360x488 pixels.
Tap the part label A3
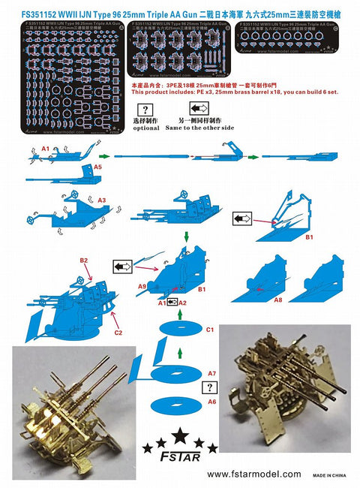[x=103, y=200]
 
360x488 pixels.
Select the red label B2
[x=84, y=260]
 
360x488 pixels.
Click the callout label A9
[x=142, y=286]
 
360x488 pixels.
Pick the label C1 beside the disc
[x=211, y=330]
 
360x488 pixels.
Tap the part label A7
[x=211, y=373]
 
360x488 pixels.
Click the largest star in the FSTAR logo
[x=180, y=435]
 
